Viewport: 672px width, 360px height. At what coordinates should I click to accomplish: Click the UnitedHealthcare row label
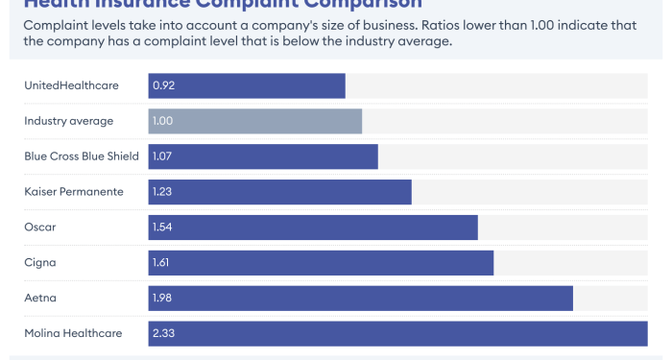71,85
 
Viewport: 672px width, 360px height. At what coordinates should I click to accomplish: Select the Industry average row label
68,121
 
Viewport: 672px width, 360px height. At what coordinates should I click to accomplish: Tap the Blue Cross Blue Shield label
82,156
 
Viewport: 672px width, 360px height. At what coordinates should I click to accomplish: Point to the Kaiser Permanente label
74,191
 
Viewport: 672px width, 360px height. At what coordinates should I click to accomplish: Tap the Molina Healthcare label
73,333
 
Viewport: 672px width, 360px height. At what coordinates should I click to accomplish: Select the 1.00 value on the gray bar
162,121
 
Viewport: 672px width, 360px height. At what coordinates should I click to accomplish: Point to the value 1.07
162,156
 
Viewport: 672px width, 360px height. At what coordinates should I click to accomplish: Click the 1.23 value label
162,191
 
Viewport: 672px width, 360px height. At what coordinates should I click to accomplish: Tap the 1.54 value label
162,227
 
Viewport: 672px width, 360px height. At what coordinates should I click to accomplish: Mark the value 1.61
162,262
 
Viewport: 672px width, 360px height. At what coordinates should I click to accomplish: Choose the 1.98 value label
162,298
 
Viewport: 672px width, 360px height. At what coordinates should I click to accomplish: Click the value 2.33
163,333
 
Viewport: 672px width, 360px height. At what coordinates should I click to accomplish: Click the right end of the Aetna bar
570,298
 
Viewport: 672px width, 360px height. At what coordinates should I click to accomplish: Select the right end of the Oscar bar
475,227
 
